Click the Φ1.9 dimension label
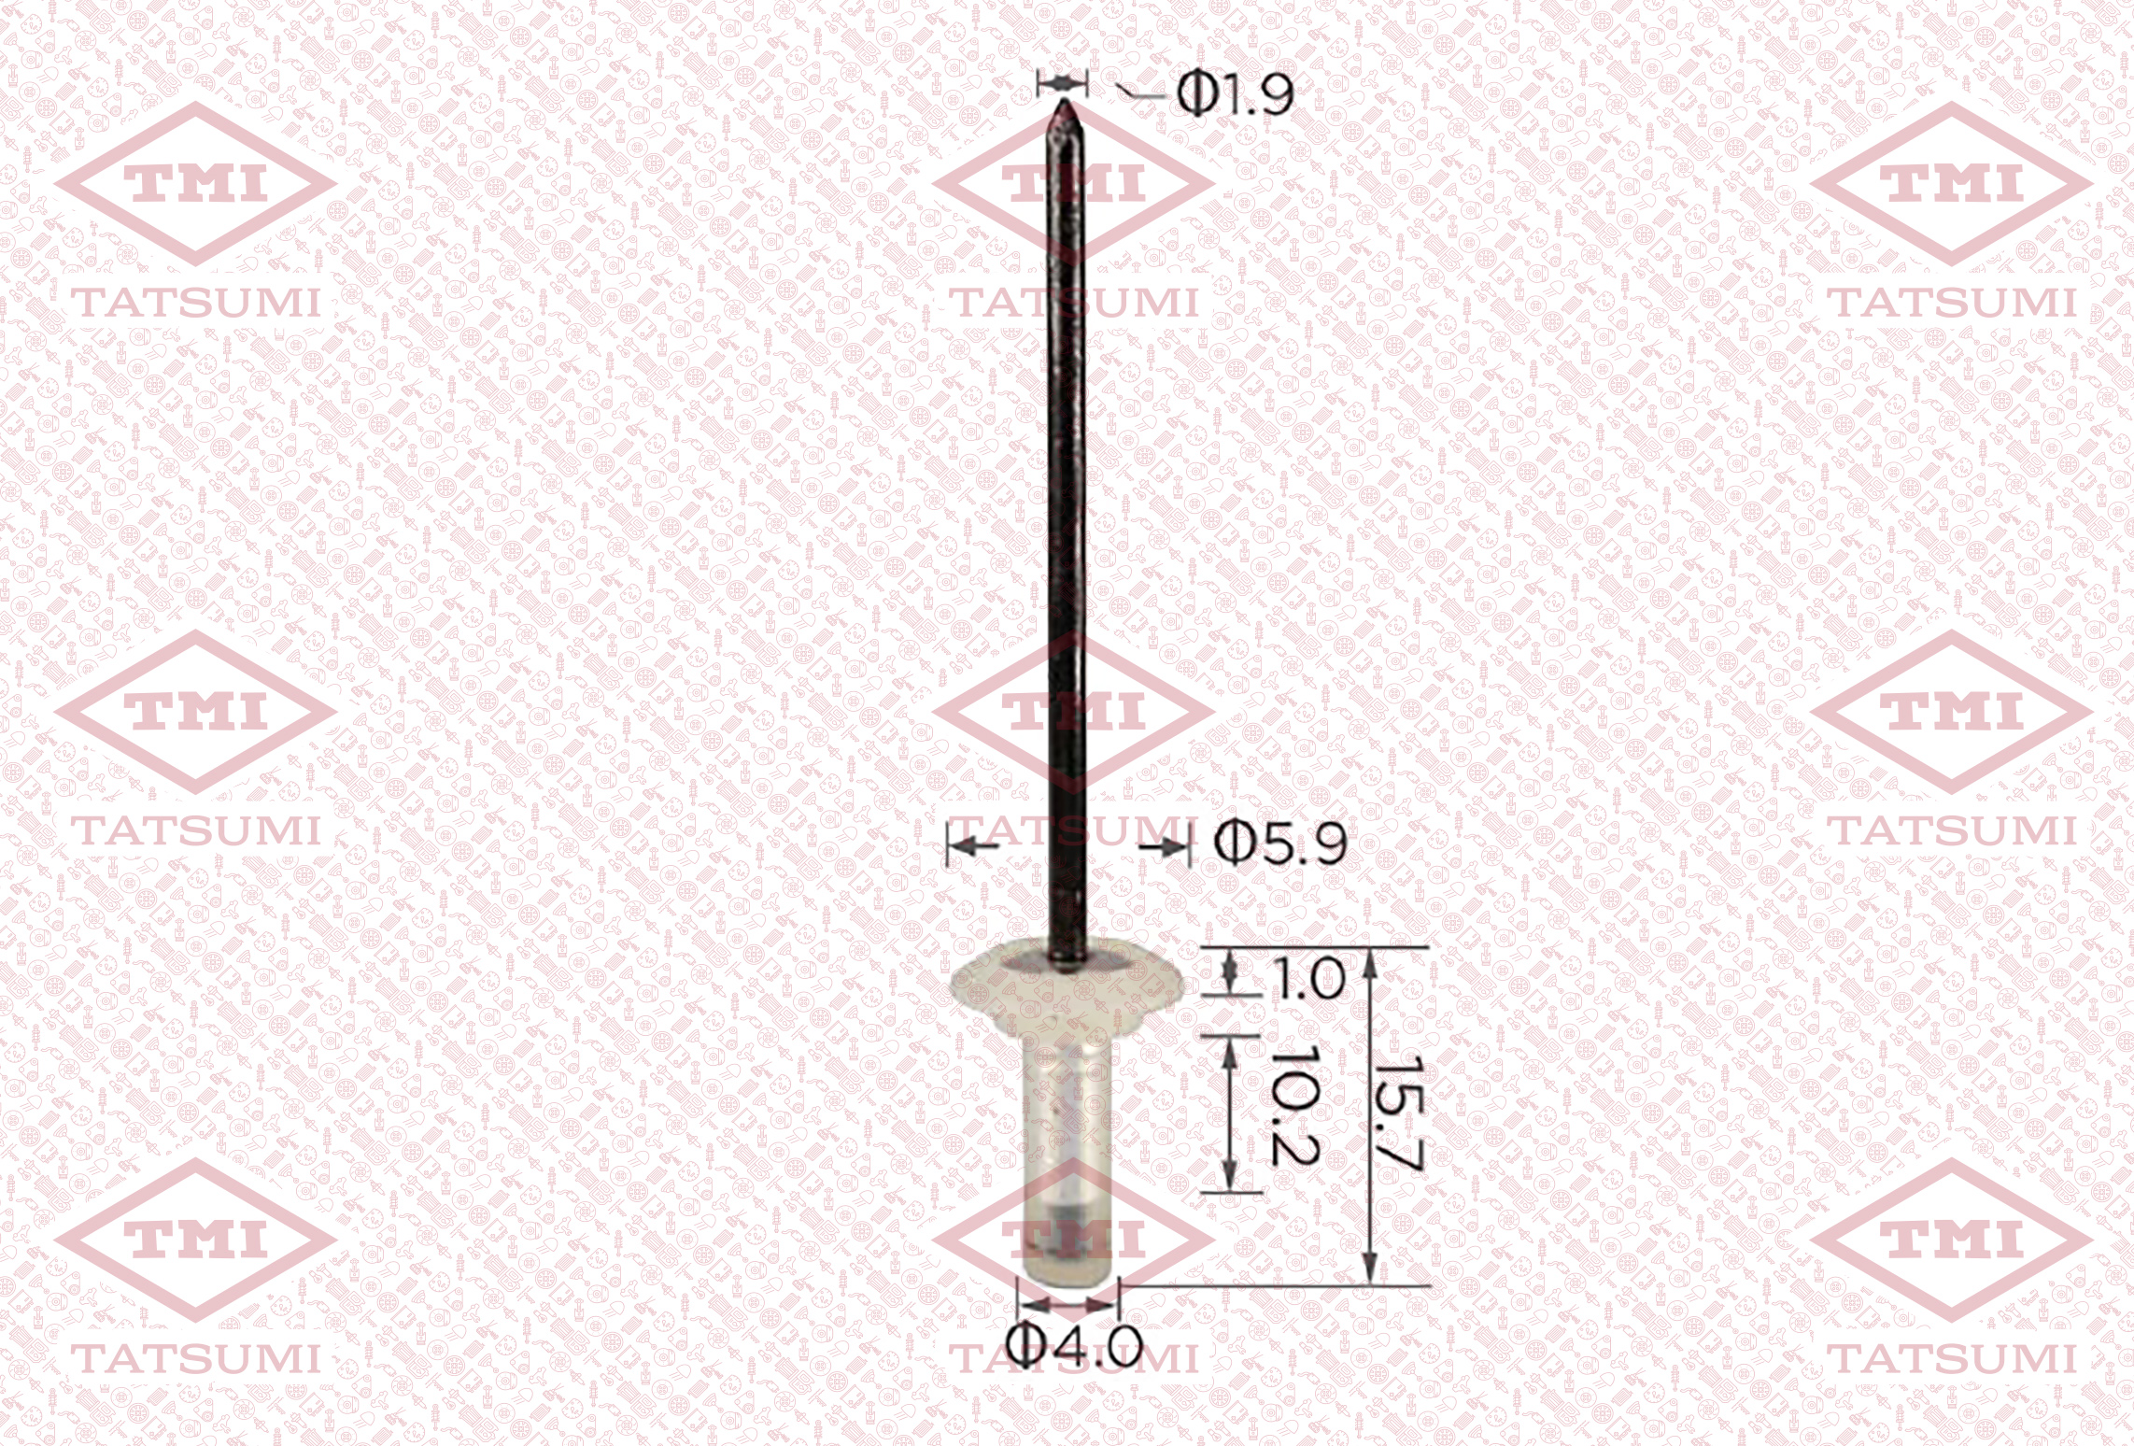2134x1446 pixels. pos(1235,94)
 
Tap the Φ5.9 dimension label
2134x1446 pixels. pos(1280,845)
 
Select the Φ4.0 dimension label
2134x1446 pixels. pos(1075,1346)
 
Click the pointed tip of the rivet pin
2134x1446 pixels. pos(1063,102)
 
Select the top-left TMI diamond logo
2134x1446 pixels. pos(196,184)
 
